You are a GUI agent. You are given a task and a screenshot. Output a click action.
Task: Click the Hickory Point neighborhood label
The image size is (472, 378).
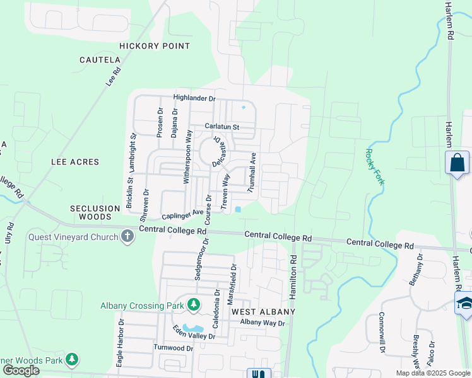(x=155, y=46)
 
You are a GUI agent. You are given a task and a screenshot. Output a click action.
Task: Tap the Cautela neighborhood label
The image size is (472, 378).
(x=100, y=60)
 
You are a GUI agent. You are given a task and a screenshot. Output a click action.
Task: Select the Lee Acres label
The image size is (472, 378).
(x=75, y=162)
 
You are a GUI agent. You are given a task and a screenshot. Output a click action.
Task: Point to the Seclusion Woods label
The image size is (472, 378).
(x=95, y=212)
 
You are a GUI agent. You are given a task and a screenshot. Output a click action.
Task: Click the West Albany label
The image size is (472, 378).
(x=263, y=312)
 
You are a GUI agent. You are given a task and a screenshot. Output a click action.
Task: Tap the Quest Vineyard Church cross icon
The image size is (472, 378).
(x=127, y=237)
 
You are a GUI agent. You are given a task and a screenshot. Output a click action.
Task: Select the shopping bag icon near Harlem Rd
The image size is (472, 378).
(x=457, y=163)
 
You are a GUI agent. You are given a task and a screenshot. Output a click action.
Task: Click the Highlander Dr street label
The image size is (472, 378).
(x=195, y=99)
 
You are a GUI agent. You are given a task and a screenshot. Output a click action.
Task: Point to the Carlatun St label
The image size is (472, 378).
(x=218, y=127)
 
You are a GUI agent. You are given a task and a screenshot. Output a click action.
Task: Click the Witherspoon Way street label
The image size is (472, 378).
(x=187, y=157)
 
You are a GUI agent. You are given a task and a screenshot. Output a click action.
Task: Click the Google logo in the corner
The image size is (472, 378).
(x=21, y=370)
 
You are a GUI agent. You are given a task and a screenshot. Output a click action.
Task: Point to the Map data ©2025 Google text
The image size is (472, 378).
(x=432, y=373)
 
